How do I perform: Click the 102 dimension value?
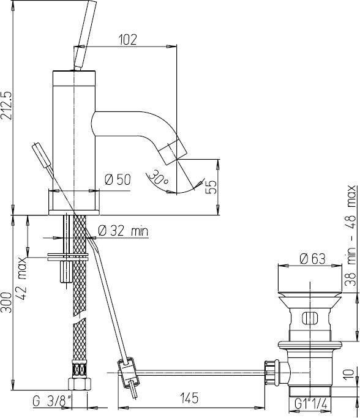tap(127, 39)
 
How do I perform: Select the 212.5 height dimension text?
tap(7, 105)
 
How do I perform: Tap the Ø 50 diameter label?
tap(118, 179)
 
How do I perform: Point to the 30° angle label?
tap(159, 177)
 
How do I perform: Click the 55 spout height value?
tap(211, 187)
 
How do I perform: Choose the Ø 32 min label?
tap(123, 231)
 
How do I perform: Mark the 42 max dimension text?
tap(22, 278)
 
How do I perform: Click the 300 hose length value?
tap(6, 302)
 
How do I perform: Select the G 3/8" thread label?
tap(53, 401)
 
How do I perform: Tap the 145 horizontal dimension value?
tap(189, 398)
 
